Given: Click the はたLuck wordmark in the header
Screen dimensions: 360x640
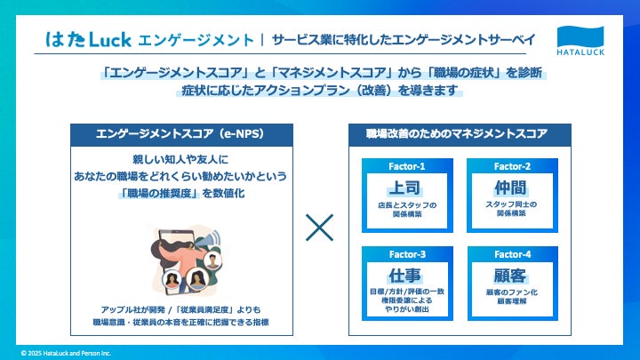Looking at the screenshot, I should click(89, 39).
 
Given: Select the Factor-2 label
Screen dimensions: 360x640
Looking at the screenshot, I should click(511, 165).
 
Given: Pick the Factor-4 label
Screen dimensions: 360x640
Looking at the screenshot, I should click(511, 253).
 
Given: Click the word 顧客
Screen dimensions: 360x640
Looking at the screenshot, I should click(511, 274).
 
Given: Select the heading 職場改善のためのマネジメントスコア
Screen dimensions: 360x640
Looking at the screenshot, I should click(457, 134).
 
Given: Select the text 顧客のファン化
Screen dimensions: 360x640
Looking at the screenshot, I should click(511, 292).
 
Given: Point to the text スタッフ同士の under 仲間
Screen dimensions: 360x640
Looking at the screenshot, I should click(511, 204).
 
